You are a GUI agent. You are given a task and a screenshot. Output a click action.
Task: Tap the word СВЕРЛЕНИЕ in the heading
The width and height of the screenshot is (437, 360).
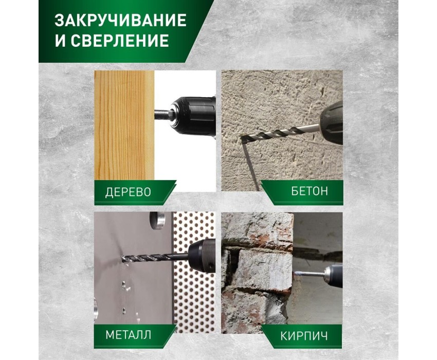120,40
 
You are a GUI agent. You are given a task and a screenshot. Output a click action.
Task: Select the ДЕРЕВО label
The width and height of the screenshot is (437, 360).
128,192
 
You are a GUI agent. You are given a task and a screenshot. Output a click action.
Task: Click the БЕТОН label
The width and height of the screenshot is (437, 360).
309,191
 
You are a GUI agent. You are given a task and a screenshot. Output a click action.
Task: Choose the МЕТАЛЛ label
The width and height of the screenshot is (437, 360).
128,334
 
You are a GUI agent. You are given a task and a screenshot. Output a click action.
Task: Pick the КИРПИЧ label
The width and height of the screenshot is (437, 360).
304,336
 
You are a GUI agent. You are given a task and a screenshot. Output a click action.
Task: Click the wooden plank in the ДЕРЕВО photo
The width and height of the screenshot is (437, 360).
124,125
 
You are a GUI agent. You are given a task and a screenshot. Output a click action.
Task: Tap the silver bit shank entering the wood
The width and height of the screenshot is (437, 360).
161,114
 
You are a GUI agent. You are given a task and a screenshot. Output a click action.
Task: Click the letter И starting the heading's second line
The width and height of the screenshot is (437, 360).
60,40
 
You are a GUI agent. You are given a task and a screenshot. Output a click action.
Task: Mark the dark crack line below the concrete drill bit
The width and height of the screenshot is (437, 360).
250,165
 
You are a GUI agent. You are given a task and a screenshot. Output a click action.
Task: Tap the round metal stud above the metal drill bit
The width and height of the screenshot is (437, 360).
157,221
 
